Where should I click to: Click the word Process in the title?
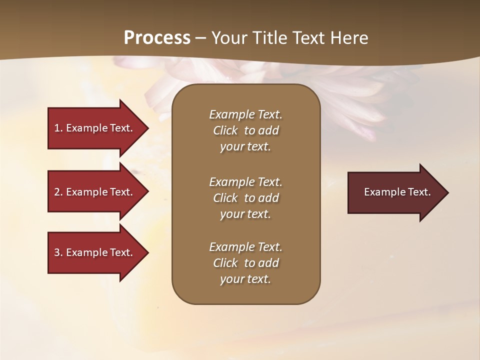pyautogui.click(x=157, y=38)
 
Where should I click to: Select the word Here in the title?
pyautogui.click(x=349, y=38)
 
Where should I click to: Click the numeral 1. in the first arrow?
pyautogui.click(x=58, y=128)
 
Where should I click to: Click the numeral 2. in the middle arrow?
pyautogui.click(x=58, y=192)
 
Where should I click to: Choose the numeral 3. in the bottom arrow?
pyautogui.click(x=58, y=252)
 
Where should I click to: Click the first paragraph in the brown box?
pyautogui.click(x=245, y=130)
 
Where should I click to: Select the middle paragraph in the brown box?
pyautogui.click(x=245, y=198)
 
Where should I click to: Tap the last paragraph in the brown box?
pyautogui.click(x=245, y=263)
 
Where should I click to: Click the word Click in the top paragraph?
pyautogui.click(x=225, y=130)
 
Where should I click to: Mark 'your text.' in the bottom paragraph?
pyautogui.click(x=245, y=279)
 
